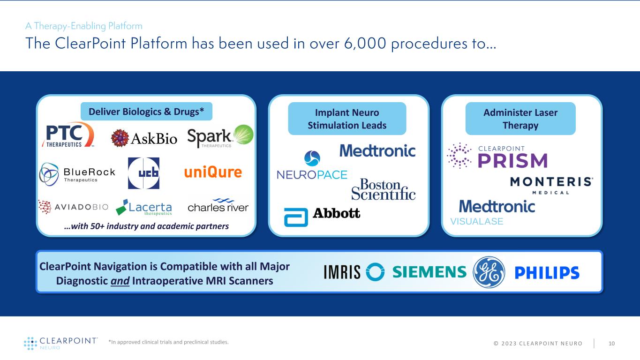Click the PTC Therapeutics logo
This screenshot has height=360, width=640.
[x=68, y=135]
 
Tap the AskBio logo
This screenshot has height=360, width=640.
[x=144, y=138]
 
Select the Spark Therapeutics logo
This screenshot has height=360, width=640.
[x=220, y=136]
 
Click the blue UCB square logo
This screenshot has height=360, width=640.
[x=143, y=173]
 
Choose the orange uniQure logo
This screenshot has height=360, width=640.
[x=213, y=172]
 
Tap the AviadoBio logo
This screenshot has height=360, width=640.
[x=74, y=207]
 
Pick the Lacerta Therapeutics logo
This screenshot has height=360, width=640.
[x=144, y=207]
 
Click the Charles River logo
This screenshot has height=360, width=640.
[x=218, y=206]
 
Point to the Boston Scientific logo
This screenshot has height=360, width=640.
[x=384, y=189]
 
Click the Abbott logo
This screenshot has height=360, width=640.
[x=322, y=214]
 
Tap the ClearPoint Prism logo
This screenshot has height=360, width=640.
[x=497, y=156]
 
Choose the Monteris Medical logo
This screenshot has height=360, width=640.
[x=551, y=185]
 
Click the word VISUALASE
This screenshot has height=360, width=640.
[x=477, y=222]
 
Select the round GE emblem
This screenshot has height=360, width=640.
[x=489, y=272]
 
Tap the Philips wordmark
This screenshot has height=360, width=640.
[x=547, y=273]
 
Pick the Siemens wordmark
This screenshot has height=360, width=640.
[x=429, y=272]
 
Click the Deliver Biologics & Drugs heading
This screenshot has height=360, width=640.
[x=146, y=112]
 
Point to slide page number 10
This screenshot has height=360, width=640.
[x=611, y=343]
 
